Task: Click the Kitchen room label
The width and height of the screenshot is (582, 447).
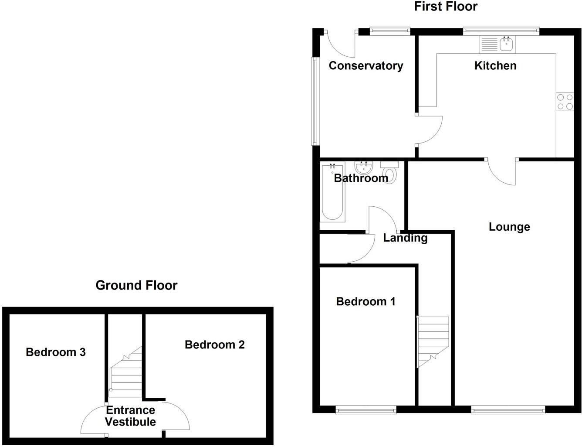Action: (x=495, y=66)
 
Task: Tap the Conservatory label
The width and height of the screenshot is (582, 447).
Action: (x=366, y=66)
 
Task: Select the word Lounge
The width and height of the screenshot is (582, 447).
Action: (x=509, y=227)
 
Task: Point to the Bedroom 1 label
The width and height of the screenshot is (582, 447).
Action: (x=365, y=301)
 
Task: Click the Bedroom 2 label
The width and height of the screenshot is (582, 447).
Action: (x=214, y=345)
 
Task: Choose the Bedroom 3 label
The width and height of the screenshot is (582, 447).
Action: (x=56, y=352)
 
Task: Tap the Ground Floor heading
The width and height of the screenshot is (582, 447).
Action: (x=136, y=285)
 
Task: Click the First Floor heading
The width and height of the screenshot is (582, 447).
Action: (x=446, y=7)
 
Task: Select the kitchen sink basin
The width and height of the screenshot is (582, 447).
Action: (x=506, y=44)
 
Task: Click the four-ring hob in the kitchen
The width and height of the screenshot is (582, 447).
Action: (x=565, y=102)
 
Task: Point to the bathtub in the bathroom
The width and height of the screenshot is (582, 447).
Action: (x=332, y=192)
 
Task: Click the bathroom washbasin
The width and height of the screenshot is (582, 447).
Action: (x=363, y=168)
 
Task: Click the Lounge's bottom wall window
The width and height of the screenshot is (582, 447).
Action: (x=508, y=410)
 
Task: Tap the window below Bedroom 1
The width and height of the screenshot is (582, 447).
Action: (x=366, y=410)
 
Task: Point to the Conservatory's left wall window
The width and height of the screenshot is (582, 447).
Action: (x=315, y=101)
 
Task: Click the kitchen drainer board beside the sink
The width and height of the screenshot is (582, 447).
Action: (x=489, y=44)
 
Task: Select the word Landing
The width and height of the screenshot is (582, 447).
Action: (x=405, y=238)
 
